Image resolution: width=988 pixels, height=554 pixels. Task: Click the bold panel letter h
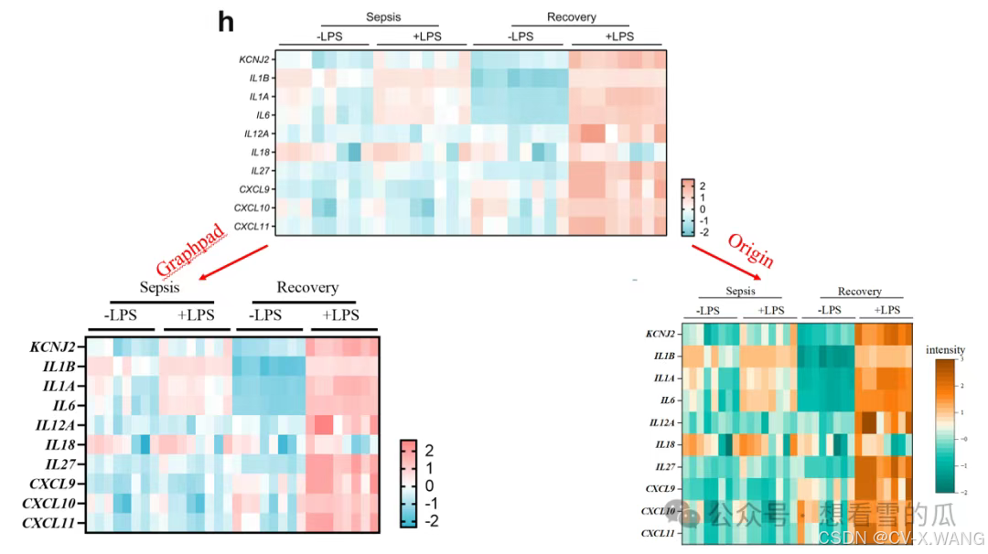226,22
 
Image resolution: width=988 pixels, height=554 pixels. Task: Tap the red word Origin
751,251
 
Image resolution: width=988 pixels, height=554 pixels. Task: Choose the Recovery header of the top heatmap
571,16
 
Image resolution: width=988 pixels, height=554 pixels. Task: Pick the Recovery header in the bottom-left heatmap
307,287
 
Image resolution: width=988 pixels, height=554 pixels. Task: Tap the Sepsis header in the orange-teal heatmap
740,291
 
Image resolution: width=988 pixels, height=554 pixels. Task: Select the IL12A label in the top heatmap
255,133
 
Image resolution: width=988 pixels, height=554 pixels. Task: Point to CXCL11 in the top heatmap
251,226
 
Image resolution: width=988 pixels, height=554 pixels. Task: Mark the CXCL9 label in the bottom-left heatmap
54,485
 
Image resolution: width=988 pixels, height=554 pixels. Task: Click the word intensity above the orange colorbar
945,349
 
